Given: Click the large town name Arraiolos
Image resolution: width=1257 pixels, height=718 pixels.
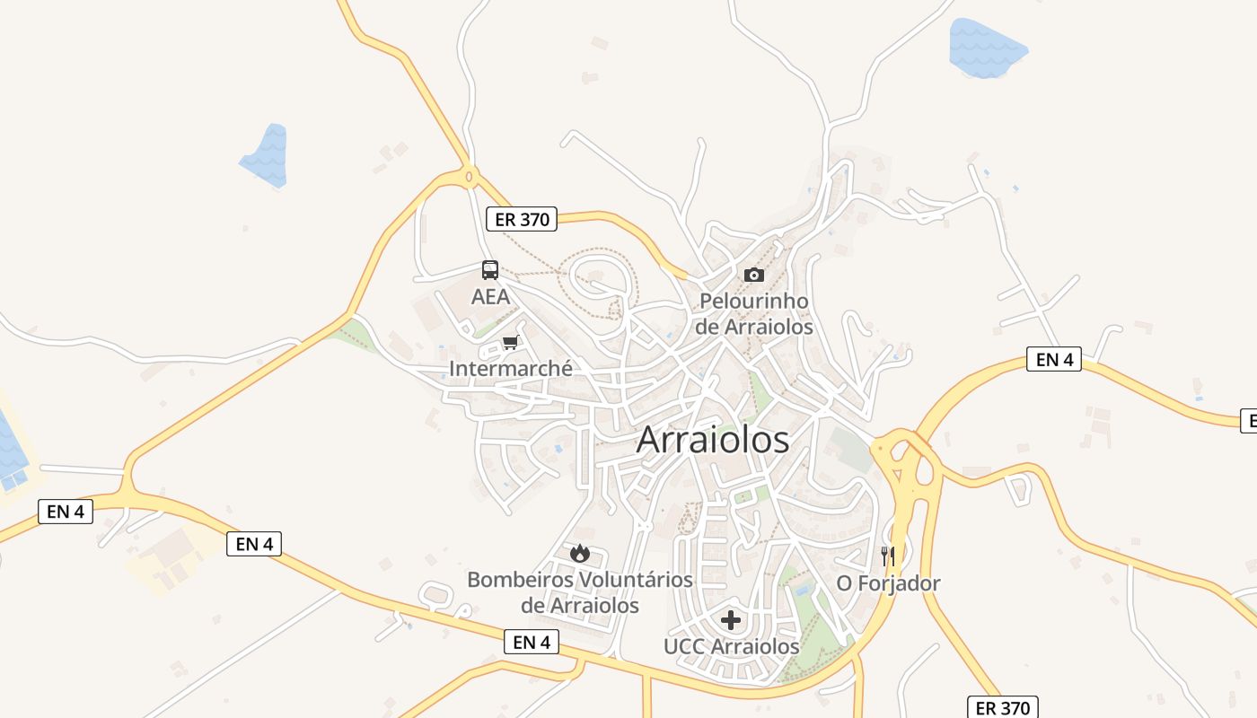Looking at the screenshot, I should pos(713,440).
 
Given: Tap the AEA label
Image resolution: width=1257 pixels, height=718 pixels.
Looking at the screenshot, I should pos(490,296).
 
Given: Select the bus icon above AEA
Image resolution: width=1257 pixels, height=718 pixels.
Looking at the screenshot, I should pos(490,270).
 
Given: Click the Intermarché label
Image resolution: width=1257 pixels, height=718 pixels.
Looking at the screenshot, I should pos(510,368).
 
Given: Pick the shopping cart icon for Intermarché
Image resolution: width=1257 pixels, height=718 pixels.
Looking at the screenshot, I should pos(511,342).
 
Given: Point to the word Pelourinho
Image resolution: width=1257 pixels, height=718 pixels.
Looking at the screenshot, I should pos(754,301).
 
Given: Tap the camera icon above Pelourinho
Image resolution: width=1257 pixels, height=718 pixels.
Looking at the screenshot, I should pos(754,275).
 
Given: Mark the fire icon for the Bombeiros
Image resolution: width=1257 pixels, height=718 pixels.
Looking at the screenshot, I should pos(580,553).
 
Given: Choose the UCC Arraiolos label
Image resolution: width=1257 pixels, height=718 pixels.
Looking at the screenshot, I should pos(731,646).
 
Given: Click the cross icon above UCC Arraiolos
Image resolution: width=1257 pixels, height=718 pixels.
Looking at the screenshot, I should pos(731,619).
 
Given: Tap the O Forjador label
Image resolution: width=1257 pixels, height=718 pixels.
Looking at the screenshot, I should pos(888,583).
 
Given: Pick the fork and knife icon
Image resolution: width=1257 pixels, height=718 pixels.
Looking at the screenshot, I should pos(888,556).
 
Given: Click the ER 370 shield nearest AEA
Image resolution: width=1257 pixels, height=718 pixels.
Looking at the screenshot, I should pos(522,219).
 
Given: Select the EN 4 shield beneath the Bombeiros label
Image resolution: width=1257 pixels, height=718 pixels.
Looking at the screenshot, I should pos(532,642).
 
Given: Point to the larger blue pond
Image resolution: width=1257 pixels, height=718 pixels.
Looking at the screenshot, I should pos(986,48).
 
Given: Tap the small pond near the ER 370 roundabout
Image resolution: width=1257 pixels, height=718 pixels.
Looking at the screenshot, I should pos(266,157).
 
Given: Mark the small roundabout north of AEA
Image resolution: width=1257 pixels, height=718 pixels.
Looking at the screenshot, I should pos(469,176).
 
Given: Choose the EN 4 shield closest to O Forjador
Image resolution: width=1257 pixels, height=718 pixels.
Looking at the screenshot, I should pos(1054,360).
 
